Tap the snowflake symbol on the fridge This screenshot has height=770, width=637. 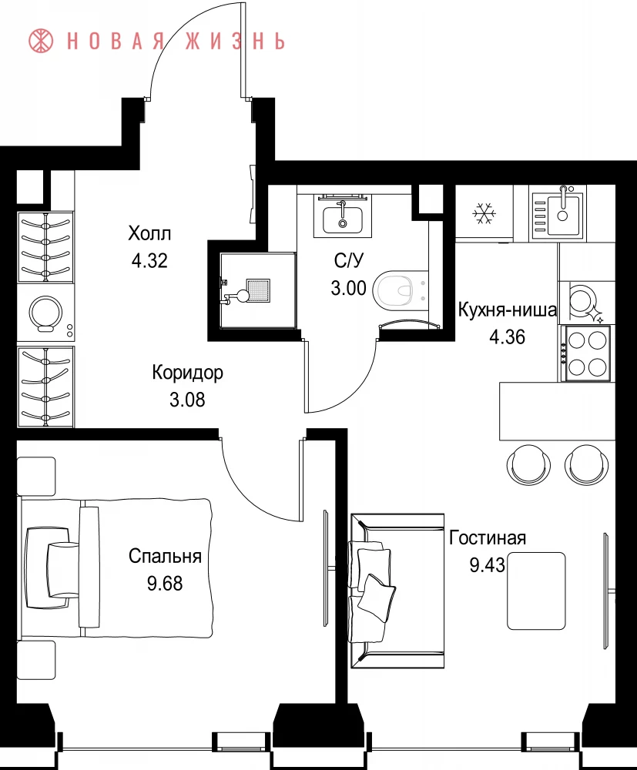[x=484, y=213]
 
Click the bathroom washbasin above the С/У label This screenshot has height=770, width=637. [x=343, y=219]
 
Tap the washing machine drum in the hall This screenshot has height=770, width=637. [x=45, y=313]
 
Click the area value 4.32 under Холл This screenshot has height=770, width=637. [x=149, y=260]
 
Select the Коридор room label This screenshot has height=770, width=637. [x=187, y=372]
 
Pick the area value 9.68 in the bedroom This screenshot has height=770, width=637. [x=165, y=584]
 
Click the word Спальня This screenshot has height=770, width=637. [x=165, y=556]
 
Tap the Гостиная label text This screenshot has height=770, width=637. [x=488, y=537]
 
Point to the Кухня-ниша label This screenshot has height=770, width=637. [x=508, y=310]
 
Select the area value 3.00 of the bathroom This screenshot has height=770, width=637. [x=348, y=288]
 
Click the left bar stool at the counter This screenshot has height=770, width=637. [x=528, y=464]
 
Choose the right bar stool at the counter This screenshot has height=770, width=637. [x=587, y=464]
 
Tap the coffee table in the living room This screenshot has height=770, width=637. [x=536, y=591]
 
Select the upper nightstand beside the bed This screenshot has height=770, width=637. [x=36, y=477]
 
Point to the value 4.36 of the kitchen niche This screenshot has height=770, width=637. [x=508, y=337]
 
